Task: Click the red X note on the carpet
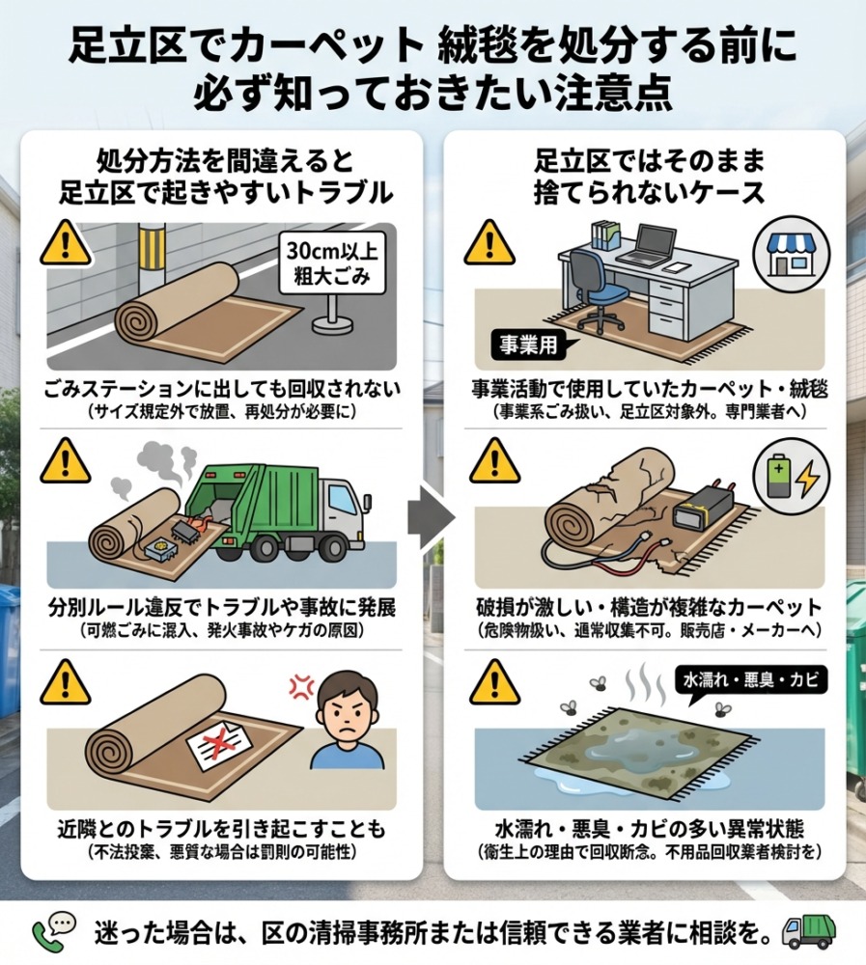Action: tap(219, 743)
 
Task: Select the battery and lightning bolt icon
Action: tap(792, 476)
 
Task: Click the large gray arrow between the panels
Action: tap(432, 515)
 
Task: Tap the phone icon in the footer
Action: tap(54, 932)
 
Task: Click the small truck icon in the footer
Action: tap(808, 932)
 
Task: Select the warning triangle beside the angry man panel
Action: tap(66, 682)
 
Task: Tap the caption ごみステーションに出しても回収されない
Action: tap(222, 389)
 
